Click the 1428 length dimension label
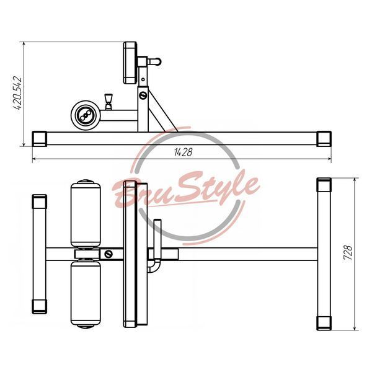click(x=183, y=152)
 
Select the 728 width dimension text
click(x=348, y=253)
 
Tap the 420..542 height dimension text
click(x=17, y=93)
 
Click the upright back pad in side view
click(x=130, y=63)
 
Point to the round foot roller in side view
click(x=86, y=115)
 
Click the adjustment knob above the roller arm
click(x=108, y=101)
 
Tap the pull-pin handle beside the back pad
click(x=154, y=61)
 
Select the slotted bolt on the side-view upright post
click(x=143, y=95)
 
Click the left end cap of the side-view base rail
click(x=40, y=139)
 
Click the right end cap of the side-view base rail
click(x=324, y=139)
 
